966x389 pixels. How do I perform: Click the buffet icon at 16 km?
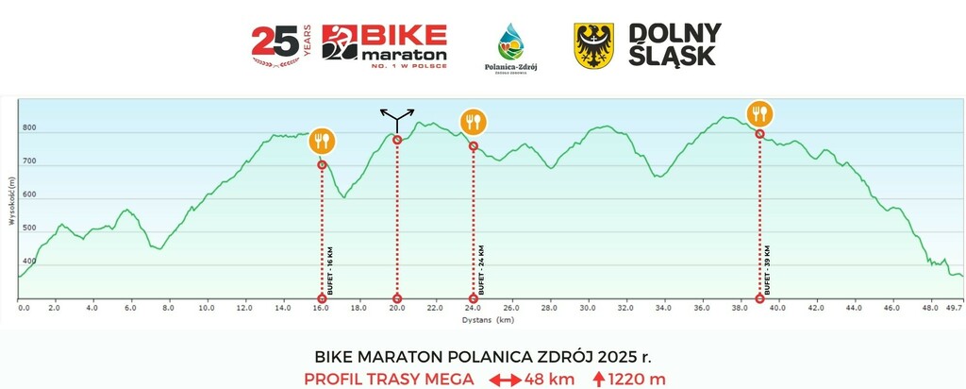click(x=322, y=142)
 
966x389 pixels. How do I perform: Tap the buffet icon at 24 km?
click(x=473, y=122)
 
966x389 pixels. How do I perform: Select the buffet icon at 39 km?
click(x=759, y=114)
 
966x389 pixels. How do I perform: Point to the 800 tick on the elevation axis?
click(x=29, y=128)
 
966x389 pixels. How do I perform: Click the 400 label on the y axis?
click(x=29, y=262)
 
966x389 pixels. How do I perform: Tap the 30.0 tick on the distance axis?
click(x=588, y=308)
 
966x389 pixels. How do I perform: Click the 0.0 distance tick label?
click(x=24, y=308)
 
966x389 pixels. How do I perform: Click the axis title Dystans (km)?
click(x=489, y=319)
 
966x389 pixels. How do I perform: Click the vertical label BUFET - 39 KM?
click(x=769, y=270)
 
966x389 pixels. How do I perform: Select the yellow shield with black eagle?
click(x=594, y=45)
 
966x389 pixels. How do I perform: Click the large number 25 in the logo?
click(x=275, y=42)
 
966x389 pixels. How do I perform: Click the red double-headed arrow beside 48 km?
click(x=505, y=380)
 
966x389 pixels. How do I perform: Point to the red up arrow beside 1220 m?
click(x=599, y=379)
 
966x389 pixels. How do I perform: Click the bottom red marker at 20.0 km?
click(x=397, y=299)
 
